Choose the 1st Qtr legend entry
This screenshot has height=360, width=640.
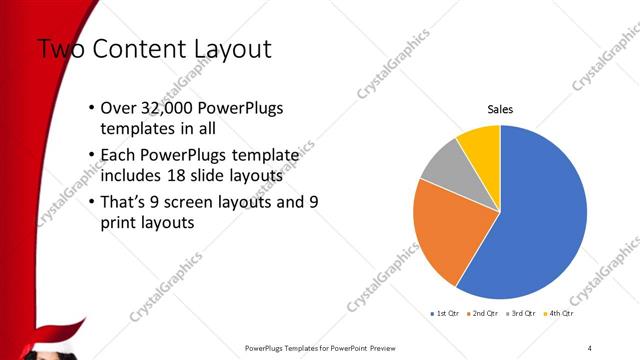(x=443, y=314)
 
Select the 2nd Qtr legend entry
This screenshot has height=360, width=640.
(x=482, y=314)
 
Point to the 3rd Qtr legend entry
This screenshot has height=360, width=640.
(x=521, y=314)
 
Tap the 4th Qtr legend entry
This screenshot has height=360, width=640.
(x=559, y=314)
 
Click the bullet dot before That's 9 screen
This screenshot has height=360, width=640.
(x=92, y=201)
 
